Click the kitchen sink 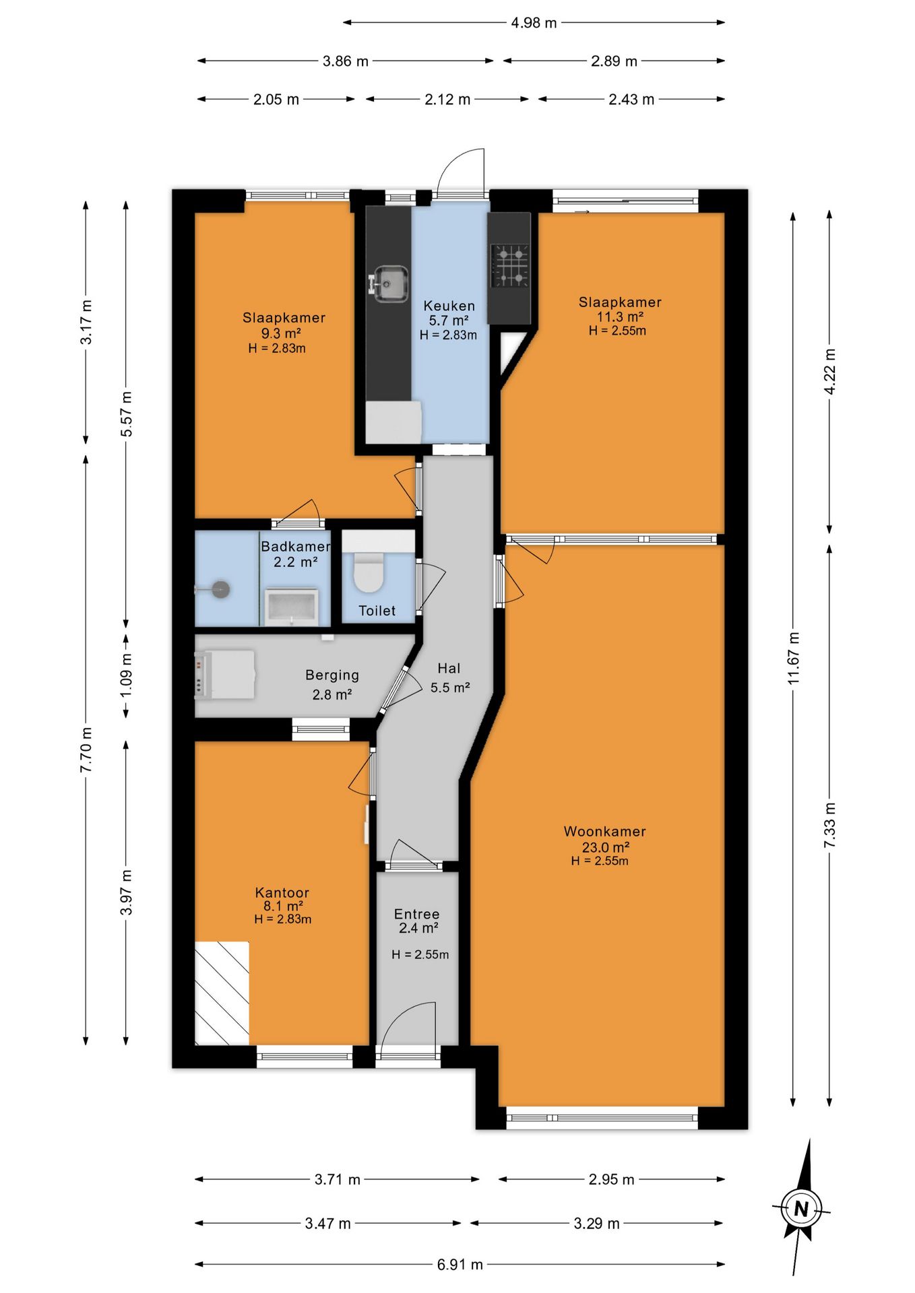389,284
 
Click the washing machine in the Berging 225,675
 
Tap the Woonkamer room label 604,832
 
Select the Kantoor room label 282,893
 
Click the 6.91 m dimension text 460,1265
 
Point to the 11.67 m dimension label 794,659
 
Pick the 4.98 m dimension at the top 534,23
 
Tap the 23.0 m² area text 606,847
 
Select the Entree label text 416,915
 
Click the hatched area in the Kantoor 222,993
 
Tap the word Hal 449,669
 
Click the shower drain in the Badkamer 220,590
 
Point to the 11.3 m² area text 620,317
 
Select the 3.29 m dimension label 596,1224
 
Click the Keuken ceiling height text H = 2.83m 448,335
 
